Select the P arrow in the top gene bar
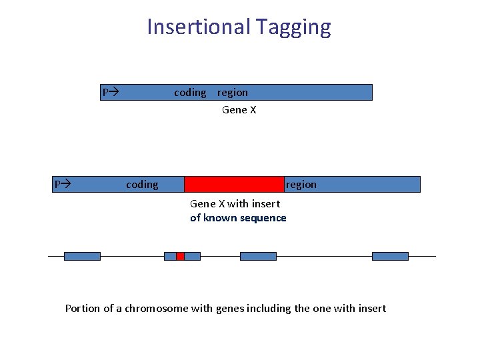point(109,92)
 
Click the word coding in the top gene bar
point(190,93)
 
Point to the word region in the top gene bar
point(232,93)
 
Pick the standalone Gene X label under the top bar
point(239,110)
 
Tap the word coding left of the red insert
point(142,185)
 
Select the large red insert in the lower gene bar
point(234,184)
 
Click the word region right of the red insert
point(301,185)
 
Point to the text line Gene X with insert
point(235,204)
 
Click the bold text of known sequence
point(238,218)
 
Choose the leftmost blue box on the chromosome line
point(82,256)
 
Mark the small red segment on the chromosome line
point(180,256)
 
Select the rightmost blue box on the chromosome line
point(390,256)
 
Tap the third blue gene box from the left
point(258,256)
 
